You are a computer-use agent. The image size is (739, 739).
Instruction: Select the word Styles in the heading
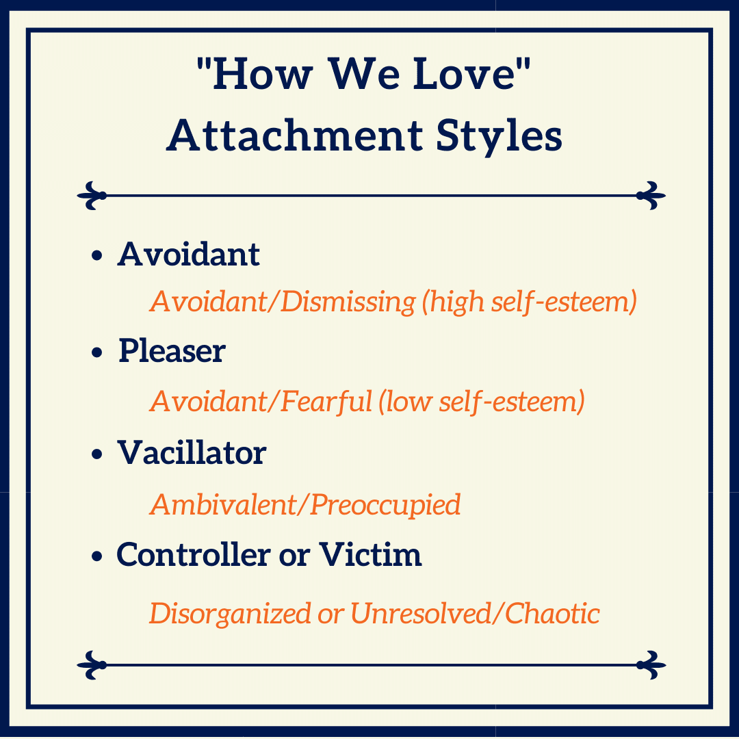click(x=499, y=135)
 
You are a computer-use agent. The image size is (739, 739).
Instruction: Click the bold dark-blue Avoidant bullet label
click(x=189, y=254)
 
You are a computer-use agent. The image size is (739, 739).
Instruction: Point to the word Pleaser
click(x=172, y=350)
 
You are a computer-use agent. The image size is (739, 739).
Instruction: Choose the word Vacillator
click(x=192, y=452)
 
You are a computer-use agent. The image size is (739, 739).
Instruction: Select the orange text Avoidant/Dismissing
click(x=283, y=301)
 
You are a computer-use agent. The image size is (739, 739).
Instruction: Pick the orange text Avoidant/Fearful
click(x=261, y=402)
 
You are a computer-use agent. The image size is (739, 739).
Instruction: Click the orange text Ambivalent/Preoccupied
click(x=305, y=505)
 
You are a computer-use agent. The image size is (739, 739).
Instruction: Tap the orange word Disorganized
click(x=230, y=613)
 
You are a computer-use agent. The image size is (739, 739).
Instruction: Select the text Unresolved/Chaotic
click(x=475, y=613)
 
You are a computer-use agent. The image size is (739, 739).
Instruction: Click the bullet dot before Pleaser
click(x=97, y=352)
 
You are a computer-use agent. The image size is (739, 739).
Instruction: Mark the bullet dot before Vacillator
click(x=97, y=454)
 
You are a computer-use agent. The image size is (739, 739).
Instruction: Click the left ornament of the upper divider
click(x=92, y=195)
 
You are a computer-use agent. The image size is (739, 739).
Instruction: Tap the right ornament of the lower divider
click(x=651, y=665)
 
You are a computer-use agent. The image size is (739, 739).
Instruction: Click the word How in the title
click(x=263, y=74)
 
